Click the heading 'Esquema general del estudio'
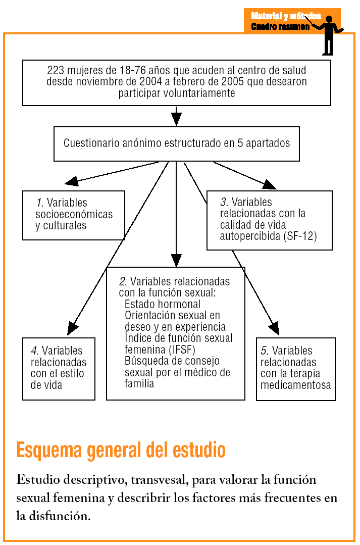click(x=121, y=450)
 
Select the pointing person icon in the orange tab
click(x=328, y=34)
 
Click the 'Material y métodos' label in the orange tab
click(x=286, y=16)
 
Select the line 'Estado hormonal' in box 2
click(x=162, y=304)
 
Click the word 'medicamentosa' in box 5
click(x=296, y=385)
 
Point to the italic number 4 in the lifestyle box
click(x=34, y=351)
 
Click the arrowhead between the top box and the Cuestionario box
click(x=176, y=119)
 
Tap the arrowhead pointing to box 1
click(x=71, y=180)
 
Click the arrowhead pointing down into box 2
click(x=176, y=260)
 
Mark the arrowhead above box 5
click(x=274, y=329)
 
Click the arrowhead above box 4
click(x=73, y=329)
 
